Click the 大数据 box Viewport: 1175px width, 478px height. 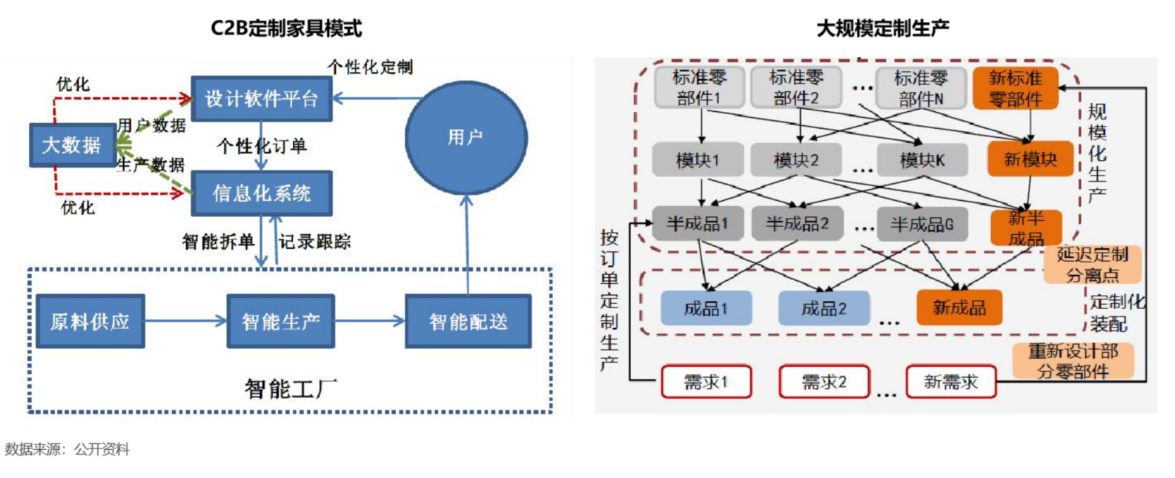pos(72,145)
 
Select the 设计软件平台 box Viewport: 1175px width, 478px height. pos(261,99)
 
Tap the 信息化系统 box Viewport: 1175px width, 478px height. pos(261,193)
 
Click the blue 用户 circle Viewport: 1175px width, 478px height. pos(466,138)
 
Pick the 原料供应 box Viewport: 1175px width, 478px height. pos(90,322)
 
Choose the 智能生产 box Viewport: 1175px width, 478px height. pos(280,322)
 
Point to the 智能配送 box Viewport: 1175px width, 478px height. pos(468,322)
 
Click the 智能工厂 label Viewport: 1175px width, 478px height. pos(290,388)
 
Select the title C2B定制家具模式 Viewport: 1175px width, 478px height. pos(286,28)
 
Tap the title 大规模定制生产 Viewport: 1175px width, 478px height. pos(882,28)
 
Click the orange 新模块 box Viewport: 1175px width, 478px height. pos(1030,159)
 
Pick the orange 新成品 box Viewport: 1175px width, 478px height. pos(959,308)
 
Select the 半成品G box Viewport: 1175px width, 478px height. pos(922,224)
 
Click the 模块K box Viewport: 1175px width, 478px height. pos(922,160)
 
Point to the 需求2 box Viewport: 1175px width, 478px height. pos(824,382)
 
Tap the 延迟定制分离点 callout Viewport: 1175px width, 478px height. pos(1092,265)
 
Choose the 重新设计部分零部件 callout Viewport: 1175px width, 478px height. pos(1073,361)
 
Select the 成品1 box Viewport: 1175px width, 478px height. pos(706,308)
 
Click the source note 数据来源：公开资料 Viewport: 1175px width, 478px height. pos(67,449)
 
